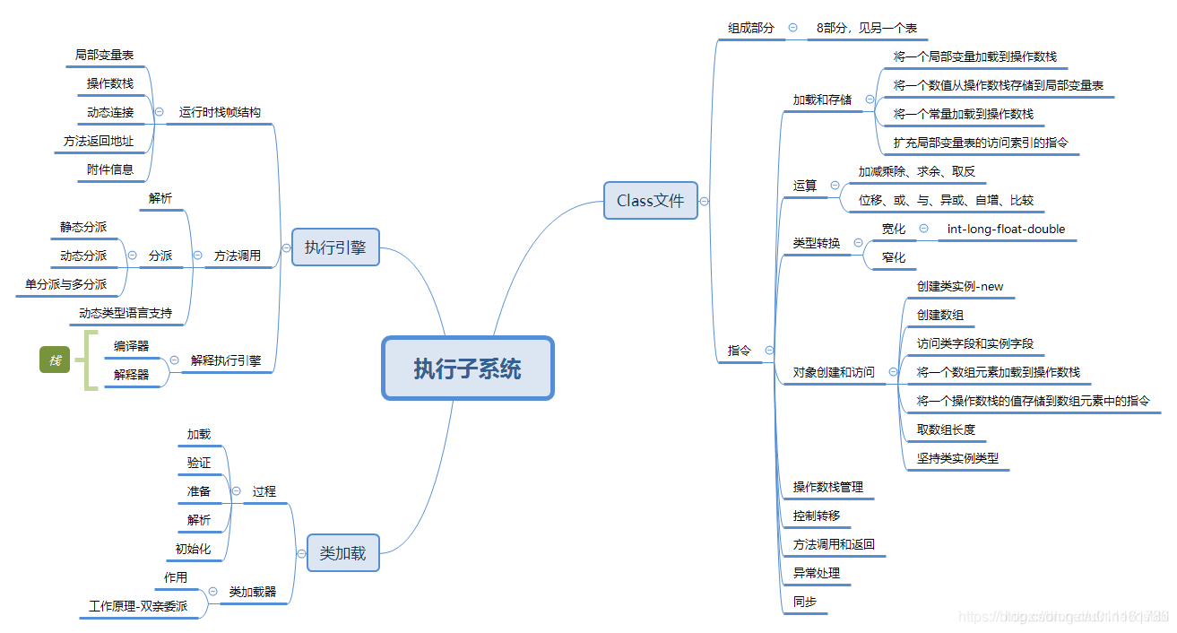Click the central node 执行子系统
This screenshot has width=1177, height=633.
(x=467, y=368)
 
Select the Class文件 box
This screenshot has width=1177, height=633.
(x=650, y=201)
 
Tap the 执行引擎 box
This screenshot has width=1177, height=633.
(x=335, y=247)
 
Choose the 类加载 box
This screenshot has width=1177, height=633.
(x=342, y=553)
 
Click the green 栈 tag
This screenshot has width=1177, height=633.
(x=55, y=360)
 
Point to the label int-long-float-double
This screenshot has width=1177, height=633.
(x=1006, y=229)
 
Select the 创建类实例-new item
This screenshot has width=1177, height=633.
(x=959, y=286)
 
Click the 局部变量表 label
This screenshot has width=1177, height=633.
(x=104, y=55)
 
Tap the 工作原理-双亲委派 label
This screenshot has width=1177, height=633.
(x=138, y=606)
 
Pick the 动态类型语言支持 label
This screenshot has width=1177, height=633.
(x=125, y=313)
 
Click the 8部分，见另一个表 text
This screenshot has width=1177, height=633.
(x=866, y=28)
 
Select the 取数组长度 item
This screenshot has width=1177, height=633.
(x=945, y=429)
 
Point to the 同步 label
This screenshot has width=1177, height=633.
(x=804, y=602)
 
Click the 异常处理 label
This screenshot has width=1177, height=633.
(x=816, y=573)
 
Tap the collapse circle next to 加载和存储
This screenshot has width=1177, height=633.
(x=870, y=100)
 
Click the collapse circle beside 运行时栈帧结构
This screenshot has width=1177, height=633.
(x=159, y=112)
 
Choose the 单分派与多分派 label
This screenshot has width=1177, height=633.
(x=65, y=284)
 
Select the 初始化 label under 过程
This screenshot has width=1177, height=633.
(x=194, y=549)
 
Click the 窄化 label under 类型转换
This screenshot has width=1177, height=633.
(x=893, y=257)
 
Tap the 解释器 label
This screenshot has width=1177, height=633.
(x=131, y=375)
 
